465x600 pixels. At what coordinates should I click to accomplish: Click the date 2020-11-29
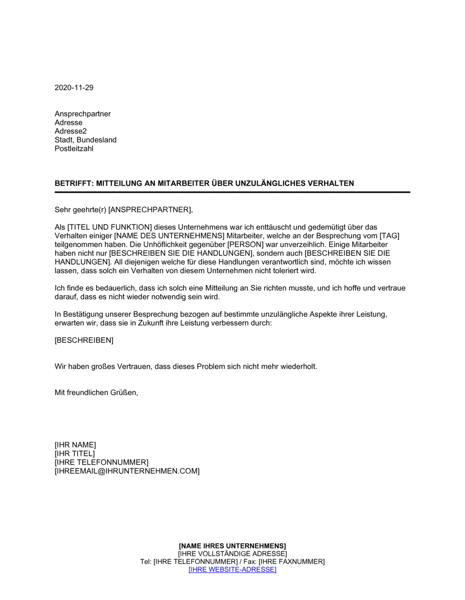[74, 87]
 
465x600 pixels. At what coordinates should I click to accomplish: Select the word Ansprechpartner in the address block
[83, 114]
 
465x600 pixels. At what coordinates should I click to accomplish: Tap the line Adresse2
[71, 131]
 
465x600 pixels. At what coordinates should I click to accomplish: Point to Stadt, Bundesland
[86, 140]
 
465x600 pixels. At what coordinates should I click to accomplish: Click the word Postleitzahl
[74, 149]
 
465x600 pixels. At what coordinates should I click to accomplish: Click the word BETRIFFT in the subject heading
[73, 183]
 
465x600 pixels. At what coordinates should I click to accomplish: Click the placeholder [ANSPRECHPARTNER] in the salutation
[150, 210]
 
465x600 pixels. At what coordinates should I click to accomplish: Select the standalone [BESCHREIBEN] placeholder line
[84, 340]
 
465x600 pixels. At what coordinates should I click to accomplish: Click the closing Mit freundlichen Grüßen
[96, 393]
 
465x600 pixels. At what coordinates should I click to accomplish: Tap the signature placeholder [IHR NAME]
[75, 445]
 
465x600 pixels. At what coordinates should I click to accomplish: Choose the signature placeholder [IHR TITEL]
[75, 453]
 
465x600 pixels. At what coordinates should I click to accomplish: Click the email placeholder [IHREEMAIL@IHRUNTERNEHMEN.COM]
[127, 471]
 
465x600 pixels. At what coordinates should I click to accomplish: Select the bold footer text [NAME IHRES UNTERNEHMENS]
[232, 546]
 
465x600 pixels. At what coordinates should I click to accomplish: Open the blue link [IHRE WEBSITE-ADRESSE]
[232, 570]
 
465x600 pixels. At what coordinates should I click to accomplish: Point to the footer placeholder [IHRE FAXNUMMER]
[292, 562]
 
